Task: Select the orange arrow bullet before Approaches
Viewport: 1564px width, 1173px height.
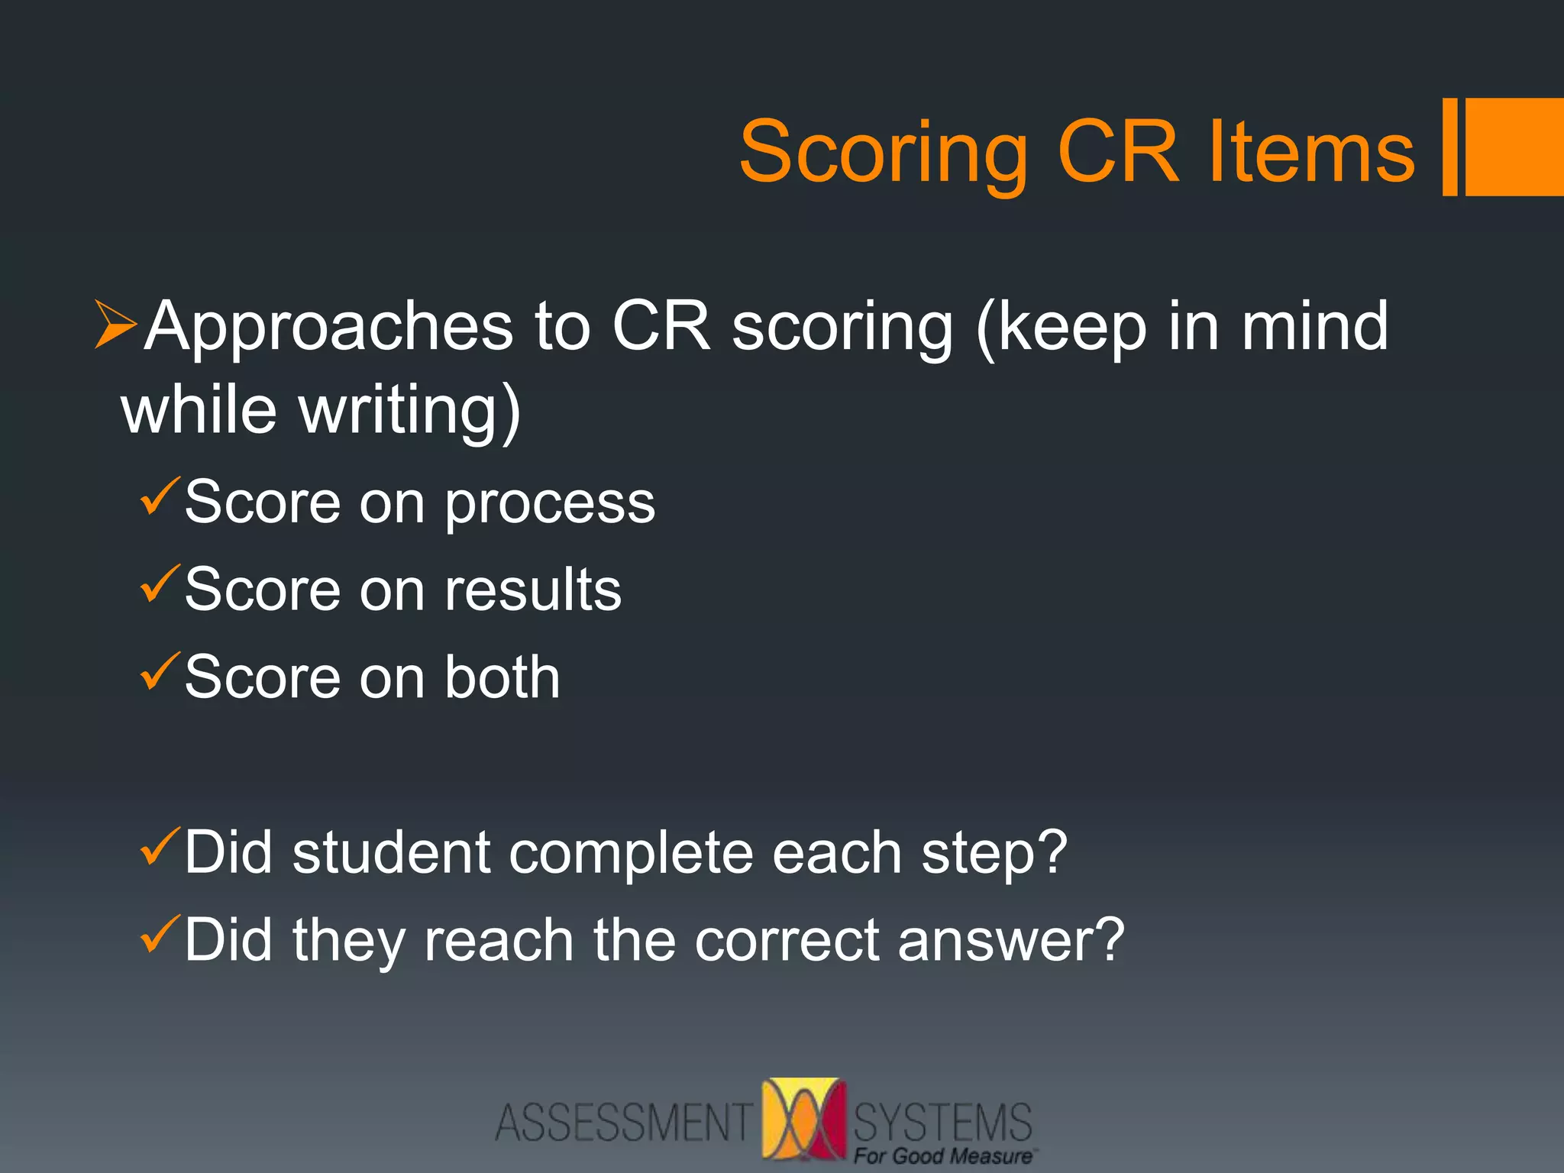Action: click(x=115, y=325)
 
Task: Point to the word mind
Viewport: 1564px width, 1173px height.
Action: click(x=1314, y=326)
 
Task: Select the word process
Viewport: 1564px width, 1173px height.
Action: click(x=550, y=504)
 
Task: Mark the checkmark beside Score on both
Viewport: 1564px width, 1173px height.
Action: click(x=160, y=672)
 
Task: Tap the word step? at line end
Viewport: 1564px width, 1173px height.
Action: click(x=994, y=854)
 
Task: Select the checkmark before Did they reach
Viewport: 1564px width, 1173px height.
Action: click(x=160, y=935)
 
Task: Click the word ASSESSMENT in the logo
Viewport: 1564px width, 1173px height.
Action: click(x=623, y=1123)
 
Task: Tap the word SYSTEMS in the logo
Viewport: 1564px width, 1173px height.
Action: click(x=942, y=1121)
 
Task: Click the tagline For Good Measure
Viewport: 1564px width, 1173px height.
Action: click(x=942, y=1156)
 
